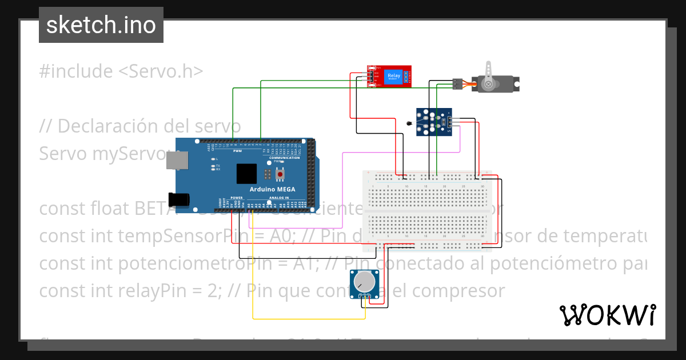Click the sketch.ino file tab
(x=101, y=25)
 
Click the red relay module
(x=389, y=77)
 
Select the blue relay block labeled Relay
(x=394, y=76)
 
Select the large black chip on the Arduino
(x=247, y=174)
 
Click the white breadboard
(x=428, y=211)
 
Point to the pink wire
(x=400, y=153)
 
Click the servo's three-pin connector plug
(x=457, y=83)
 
